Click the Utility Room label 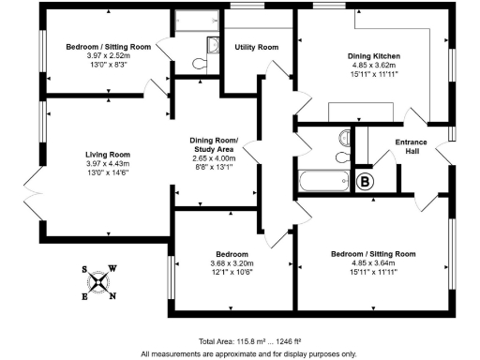click(x=256, y=47)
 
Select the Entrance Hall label click(x=411, y=147)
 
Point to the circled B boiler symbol click(x=365, y=182)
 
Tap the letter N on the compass click(x=113, y=297)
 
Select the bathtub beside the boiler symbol click(x=322, y=180)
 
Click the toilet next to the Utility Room click(x=198, y=63)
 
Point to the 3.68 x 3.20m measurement click(x=232, y=264)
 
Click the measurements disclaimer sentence click(x=248, y=353)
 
